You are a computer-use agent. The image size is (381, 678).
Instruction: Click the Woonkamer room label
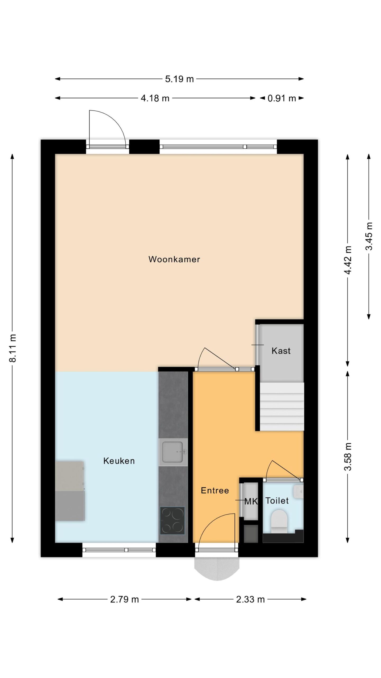(174, 259)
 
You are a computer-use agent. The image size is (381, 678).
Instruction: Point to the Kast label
(281, 351)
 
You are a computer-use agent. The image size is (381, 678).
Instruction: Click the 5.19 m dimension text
(179, 79)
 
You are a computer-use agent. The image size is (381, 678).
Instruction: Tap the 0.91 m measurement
(282, 99)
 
